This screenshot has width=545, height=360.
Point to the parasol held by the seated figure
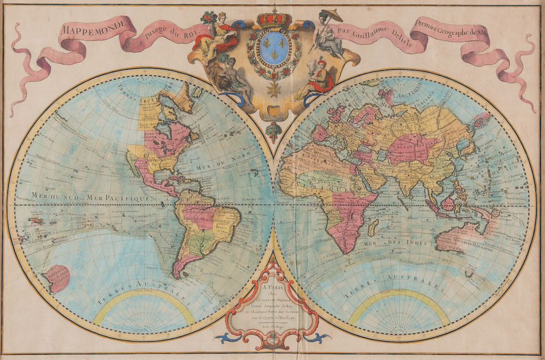click(x=332, y=15)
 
